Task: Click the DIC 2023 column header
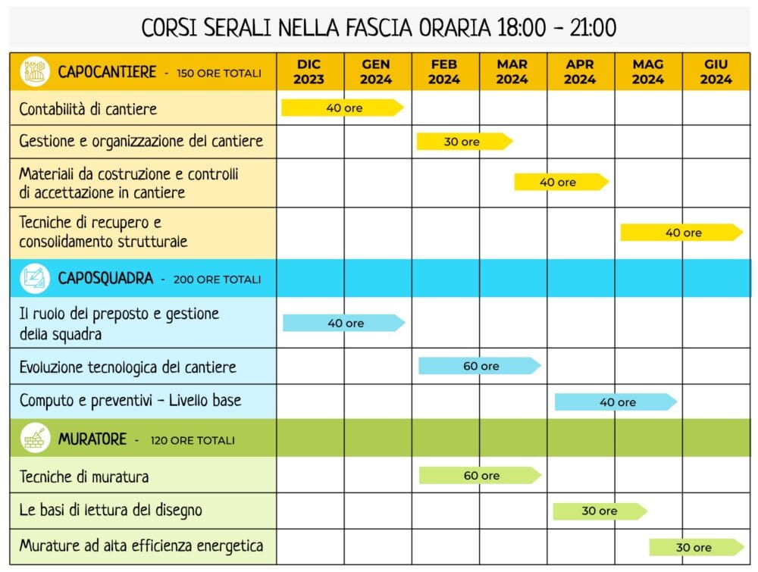[x=309, y=72]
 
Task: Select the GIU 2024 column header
[x=716, y=72]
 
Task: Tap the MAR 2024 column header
[x=512, y=72]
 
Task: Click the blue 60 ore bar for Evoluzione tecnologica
[x=480, y=366]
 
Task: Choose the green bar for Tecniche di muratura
[x=480, y=476]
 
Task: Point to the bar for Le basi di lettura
[x=600, y=511]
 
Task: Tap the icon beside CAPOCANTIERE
[x=35, y=72]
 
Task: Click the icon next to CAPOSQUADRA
[x=35, y=279]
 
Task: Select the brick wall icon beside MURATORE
[x=35, y=439]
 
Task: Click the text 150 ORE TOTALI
[x=218, y=73]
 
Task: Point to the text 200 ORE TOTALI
[x=217, y=280]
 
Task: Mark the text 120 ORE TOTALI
[x=193, y=440]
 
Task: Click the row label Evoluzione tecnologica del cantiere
[x=128, y=367]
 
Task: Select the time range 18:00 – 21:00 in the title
[x=556, y=28]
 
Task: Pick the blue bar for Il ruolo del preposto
[x=344, y=324]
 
